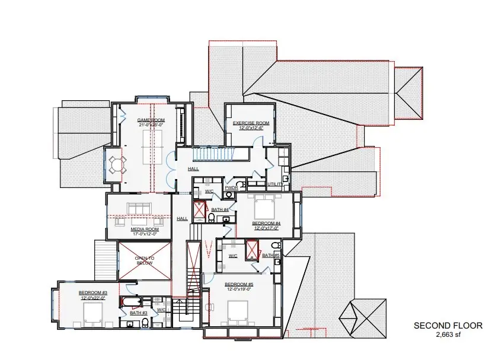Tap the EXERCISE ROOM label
pyautogui.click(x=251, y=123)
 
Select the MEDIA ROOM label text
pyautogui.click(x=145, y=229)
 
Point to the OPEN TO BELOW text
pyautogui.click(x=144, y=260)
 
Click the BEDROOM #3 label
pyautogui.click(x=92, y=292)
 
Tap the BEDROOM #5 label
pyautogui.click(x=238, y=284)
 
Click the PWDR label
pyautogui.click(x=231, y=188)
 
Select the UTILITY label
pyautogui.click(x=274, y=184)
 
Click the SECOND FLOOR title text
pyautogui.click(x=448, y=326)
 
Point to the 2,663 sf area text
pyautogui.click(x=448, y=334)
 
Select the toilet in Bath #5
pyautogui.click(x=274, y=246)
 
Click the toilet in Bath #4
pyautogui.click(x=211, y=218)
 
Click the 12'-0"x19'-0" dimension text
pyautogui.click(x=238, y=289)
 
